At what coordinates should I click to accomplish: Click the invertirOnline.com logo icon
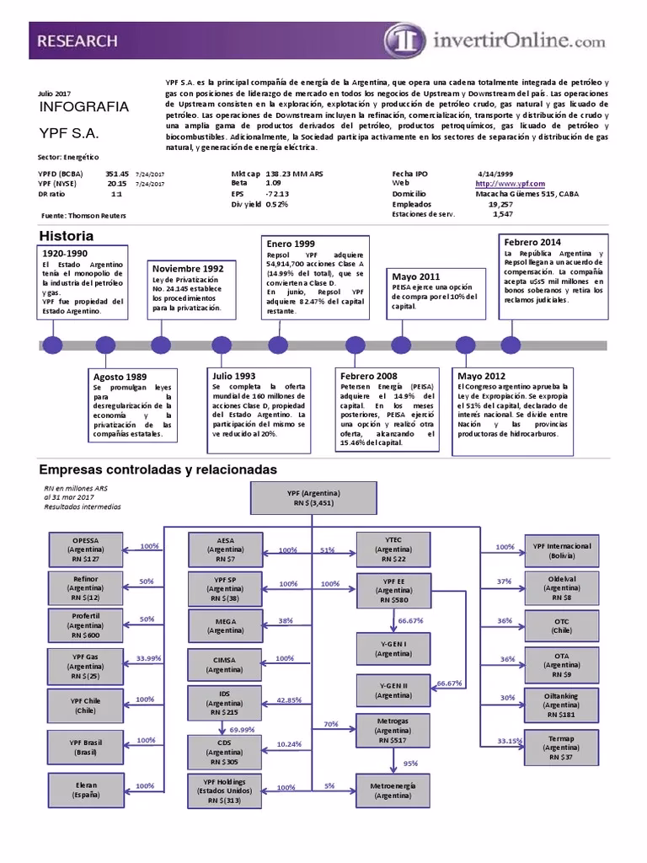pyautogui.click(x=402, y=39)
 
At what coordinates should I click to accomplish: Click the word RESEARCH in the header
pyautogui.click(x=77, y=40)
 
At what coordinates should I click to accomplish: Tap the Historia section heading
pyautogui.click(x=67, y=236)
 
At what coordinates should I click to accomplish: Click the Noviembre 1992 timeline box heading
pyautogui.click(x=188, y=269)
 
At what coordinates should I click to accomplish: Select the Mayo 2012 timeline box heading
pyautogui.click(x=482, y=376)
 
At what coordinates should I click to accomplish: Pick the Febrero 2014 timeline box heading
pyautogui.click(x=532, y=242)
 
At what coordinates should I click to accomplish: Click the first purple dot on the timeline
pyautogui.click(x=52, y=345)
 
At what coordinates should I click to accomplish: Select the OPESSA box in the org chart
pyautogui.click(x=85, y=548)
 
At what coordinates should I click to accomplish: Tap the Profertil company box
pyautogui.click(x=85, y=626)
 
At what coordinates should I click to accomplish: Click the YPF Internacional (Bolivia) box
pyautogui.click(x=561, y=550)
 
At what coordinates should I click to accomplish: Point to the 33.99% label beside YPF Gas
pyautogui.click(x=148, y=657)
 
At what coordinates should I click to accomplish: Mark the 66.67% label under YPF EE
pyautogui.click(x=410, y=619)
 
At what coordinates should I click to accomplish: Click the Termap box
pyautogui.click(x=561, y=746)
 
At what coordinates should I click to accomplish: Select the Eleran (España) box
pyautogui.click(x=85, y=790)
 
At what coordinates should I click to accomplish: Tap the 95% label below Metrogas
pyautogui.click(x=410, y=763)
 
